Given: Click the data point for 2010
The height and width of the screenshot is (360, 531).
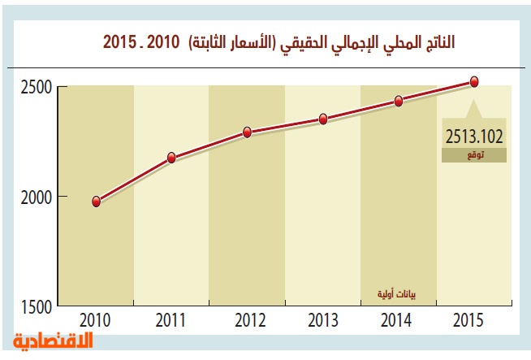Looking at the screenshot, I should [x=96, y=202].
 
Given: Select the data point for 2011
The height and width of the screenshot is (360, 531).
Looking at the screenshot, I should [x=171, y=158].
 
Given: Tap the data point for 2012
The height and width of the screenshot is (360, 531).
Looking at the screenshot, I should [x=247, y=132].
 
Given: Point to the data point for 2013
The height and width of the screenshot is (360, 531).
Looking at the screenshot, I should [x=322, y=119].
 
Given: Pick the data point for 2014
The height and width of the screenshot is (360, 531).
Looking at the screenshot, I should [x=399, y=101].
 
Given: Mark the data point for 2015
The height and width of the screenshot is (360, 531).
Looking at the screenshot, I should [x=474, y=81].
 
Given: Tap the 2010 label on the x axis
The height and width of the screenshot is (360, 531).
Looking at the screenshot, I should [x=96, y=320].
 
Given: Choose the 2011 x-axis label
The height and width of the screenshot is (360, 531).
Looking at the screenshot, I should [x=171, y=320].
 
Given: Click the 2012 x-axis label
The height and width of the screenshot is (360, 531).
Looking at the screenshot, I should [x=247, y=320].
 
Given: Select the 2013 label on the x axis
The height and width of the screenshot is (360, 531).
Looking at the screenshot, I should [x=322, y=320].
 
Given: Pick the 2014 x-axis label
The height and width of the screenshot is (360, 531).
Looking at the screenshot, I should [x=399, y=320].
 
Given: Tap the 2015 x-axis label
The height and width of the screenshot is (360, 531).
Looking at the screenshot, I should [x=474, y=320].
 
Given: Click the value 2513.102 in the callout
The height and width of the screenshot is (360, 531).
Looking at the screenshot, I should [x=474, y=135].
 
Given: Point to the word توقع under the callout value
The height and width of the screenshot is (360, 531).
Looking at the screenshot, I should [x=474, y=154].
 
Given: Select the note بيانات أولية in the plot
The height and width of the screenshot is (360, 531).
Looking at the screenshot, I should [x=399, y=293].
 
